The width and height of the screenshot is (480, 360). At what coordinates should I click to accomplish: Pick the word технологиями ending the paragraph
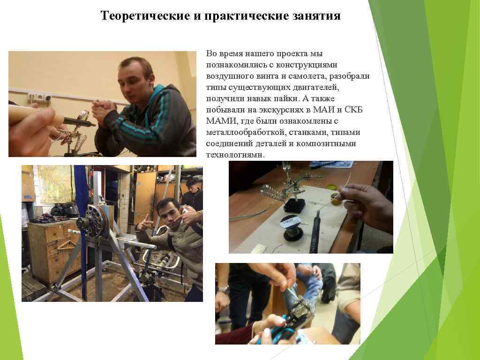click(235, 155)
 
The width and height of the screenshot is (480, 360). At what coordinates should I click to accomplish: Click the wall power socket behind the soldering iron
click(39, 97)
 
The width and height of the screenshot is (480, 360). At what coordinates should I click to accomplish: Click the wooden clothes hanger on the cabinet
click(65, 244)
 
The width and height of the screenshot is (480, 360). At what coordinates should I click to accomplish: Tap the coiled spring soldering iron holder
click(272, 193)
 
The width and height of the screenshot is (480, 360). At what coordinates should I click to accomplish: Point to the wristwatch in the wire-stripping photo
click(223, 289)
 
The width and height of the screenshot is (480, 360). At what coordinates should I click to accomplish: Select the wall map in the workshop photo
click(56, 184)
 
